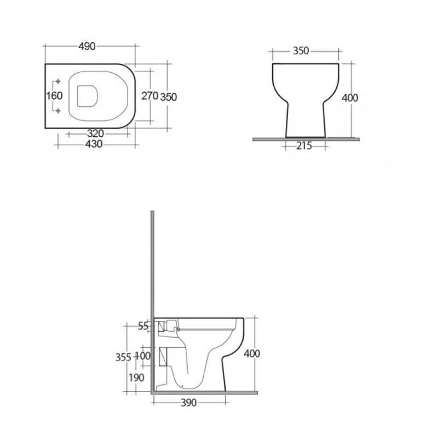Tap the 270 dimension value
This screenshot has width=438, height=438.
point(149,96)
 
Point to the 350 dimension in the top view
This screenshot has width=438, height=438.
point(168,96)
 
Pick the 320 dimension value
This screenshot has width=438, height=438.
point(95,134)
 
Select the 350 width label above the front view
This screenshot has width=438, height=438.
point(301,51)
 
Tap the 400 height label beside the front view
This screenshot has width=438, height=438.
point(349,99)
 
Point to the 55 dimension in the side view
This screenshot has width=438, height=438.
point(143,326)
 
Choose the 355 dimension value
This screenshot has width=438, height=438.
point(123,358)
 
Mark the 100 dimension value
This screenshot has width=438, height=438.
point(143,356)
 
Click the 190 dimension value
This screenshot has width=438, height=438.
point(137,378)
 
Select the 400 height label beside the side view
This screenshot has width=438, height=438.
point(251,354)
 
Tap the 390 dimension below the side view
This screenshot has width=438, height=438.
point(188,403)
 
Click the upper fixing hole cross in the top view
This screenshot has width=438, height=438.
point(59,82)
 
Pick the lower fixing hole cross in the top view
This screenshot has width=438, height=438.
point(59,111)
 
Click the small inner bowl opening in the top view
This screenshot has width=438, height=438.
point(88,96)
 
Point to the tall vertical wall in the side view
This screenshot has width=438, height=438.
point(154,263)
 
